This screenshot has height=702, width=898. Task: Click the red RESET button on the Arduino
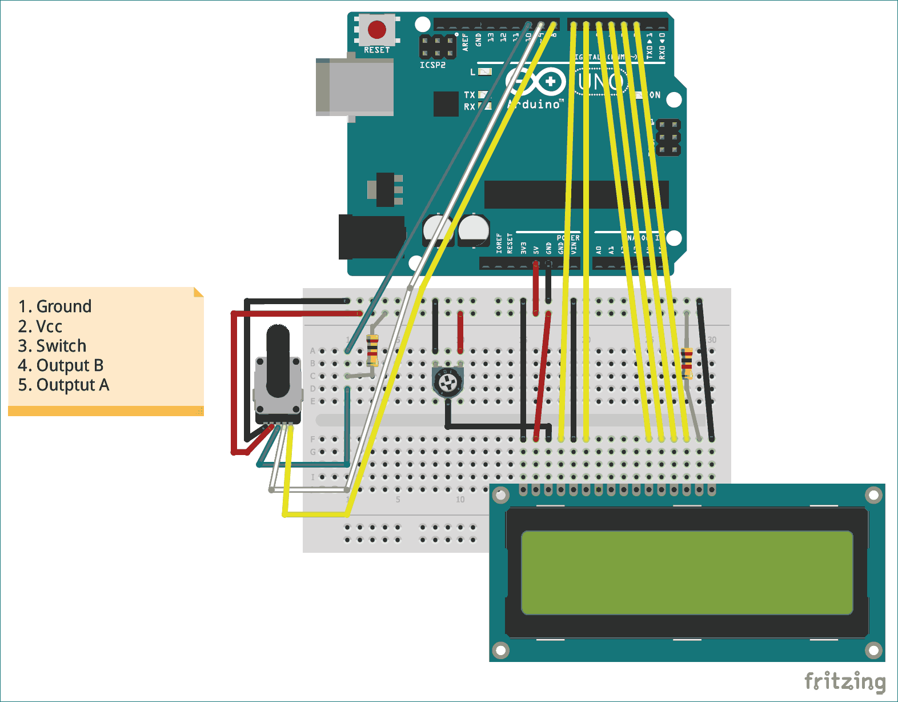[x=376, y=29]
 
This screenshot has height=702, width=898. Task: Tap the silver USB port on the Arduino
[x=355, y=86]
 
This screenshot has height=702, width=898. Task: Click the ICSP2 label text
[x=432, y=65]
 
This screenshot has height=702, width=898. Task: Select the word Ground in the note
[x=63, y=306]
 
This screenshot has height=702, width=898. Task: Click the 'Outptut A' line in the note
[x=73, y=385]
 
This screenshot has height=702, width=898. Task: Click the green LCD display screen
[x=687, y=573]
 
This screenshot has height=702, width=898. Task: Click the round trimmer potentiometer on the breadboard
[x=447, y=382]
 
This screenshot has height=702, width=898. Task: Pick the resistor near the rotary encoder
[x=372, y=349]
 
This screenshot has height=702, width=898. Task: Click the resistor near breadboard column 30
[x=687, y=363]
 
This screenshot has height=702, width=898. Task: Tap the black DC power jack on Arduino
[x=370, y=236]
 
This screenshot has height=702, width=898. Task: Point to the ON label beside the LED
[x=655, y=95]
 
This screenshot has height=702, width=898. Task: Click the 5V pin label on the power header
[x=536, y=250]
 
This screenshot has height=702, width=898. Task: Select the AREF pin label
[x=465, y=41]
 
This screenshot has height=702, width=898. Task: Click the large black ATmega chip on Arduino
[x=576, y=194]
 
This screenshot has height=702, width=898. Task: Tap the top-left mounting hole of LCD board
[x=501, y=494]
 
